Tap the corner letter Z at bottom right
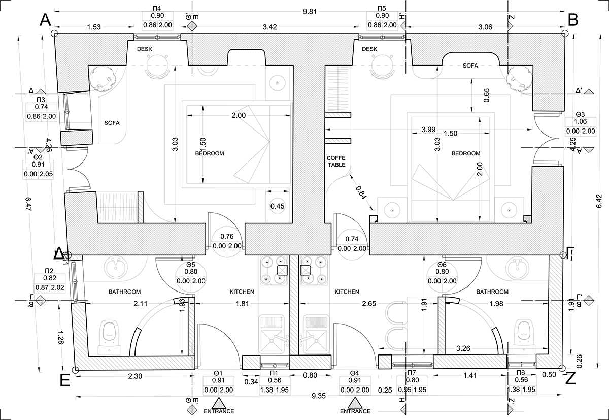click(570, 379)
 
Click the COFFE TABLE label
click(336, 161)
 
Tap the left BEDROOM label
click(209, 153)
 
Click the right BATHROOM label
click(492, 292)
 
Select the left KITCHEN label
click(242, 292)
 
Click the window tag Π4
click(157, 9)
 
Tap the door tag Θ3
click(581, 114)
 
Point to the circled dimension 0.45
click(277, 206)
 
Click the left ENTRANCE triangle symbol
click(219, 403)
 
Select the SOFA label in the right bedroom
click(471, 66)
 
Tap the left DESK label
click(145, 49)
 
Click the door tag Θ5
click(191, 264)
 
